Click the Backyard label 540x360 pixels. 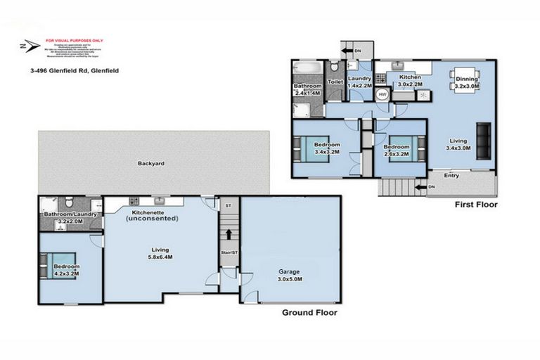pyautogui.click(x=150, y=163)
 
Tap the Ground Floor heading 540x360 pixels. pyautogui.click(x=309, y=312)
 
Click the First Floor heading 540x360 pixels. pyautogui.click(x=476, y=205)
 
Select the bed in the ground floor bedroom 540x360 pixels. pyautogui.click(x=51, y=267)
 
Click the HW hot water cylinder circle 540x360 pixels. pyautogui.click(x=382, y=95)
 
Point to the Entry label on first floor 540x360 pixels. pyautogui.click(x=451, y=176)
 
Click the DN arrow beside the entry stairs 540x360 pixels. pyautogui.click(x=423, y=187)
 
